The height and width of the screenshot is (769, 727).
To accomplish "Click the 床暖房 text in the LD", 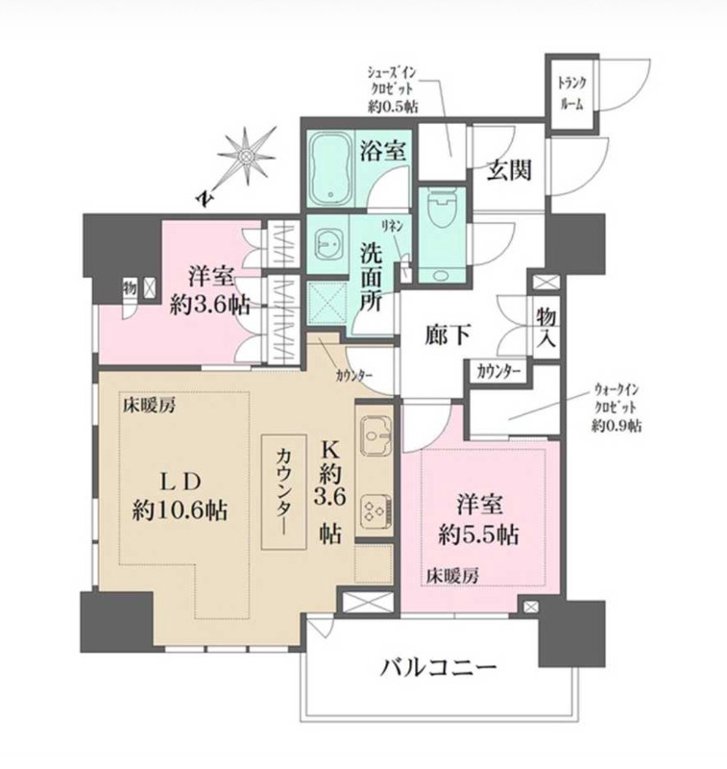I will (148, 407).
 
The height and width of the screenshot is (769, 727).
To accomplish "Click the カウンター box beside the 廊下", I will (497, 371).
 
